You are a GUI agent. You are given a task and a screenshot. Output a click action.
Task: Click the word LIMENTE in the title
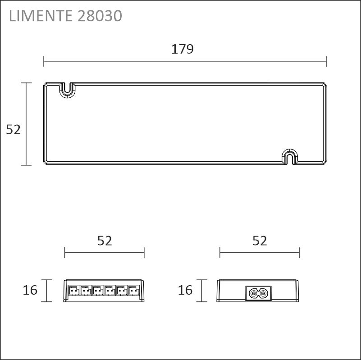(41, 16)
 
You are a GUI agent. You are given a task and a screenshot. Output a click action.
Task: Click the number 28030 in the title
(100, 16)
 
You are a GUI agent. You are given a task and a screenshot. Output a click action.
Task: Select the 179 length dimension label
(183, 49)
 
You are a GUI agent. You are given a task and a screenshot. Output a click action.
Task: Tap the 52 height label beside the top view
(14, 129)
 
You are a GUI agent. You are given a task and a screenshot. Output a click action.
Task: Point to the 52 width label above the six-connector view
(105, 241)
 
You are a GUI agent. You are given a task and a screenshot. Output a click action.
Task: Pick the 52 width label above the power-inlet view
(260, 241)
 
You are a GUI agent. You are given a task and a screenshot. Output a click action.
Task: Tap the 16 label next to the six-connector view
(30, 290)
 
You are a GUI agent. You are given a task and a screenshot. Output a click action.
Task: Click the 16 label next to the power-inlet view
(185, 290)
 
